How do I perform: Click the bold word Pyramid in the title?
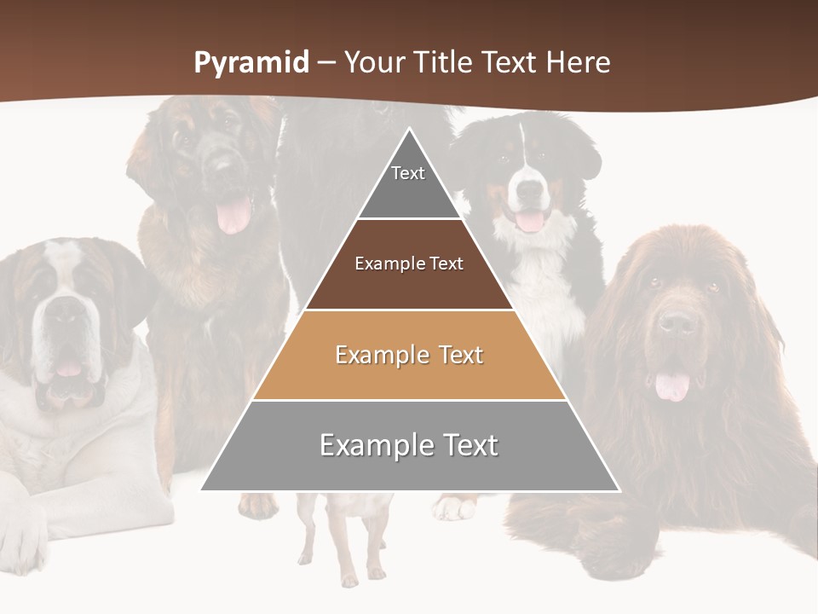[251, 63]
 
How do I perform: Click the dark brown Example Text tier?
[409, 264]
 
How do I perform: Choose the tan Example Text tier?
[409, 355]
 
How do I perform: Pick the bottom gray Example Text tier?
[409, 445]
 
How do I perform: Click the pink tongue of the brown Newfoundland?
[672, 385]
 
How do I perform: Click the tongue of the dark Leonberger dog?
[233, 215]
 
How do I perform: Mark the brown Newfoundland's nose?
[678, 322]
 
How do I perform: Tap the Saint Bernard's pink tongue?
[67, 368]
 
